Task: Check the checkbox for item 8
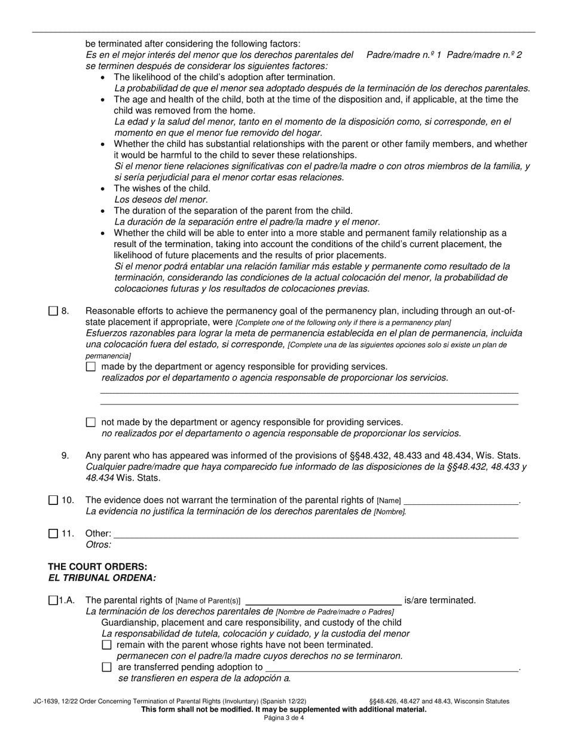click(x=53, y=311)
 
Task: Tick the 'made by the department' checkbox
click(x=91, y=366)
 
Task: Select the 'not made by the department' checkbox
click(x=91, y=422)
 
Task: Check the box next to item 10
click(x=53, y=500)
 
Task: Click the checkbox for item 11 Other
click(x=53, y=534)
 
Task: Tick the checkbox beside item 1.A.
click(x=53, y=601)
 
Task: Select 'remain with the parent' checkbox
click(x=107, y=645)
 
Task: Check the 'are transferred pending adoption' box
click(x=107, y=667)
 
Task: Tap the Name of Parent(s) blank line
click(x=323, y=601)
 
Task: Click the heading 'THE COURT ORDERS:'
click(x=97, y=566)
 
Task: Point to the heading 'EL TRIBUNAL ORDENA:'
click(x=102, y=578)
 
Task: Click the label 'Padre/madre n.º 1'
click(x=404, y=55)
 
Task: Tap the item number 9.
click(x=65, y=455)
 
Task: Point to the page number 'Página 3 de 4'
click(x=284, y=718)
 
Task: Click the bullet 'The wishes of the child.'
click(x=162, y=188)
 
